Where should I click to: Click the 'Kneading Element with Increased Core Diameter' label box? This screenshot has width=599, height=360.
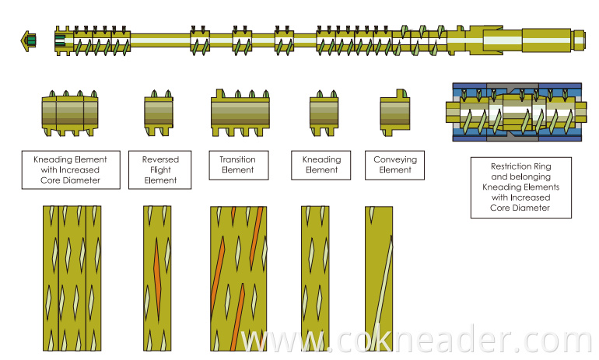[x=70, y=170]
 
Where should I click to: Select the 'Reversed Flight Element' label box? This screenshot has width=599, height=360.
[x=159, y=170]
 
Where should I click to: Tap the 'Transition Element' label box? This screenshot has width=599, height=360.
[x=237, y=164]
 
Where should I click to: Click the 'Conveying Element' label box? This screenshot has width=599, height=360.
[x=395, y=164]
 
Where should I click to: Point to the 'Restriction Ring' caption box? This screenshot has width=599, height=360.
[x=520, y=187]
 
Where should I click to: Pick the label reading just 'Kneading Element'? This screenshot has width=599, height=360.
[x=321, y=164]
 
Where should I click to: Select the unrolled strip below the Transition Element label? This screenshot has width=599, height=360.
[x=238, y=278]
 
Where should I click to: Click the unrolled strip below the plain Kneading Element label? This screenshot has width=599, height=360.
[x=321, y=278]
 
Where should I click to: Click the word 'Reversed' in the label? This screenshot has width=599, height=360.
[x=159, y=159]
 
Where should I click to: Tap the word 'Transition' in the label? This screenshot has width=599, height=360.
[x=237, y=159]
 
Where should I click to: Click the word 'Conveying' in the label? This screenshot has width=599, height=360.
[x=395, y=159]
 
